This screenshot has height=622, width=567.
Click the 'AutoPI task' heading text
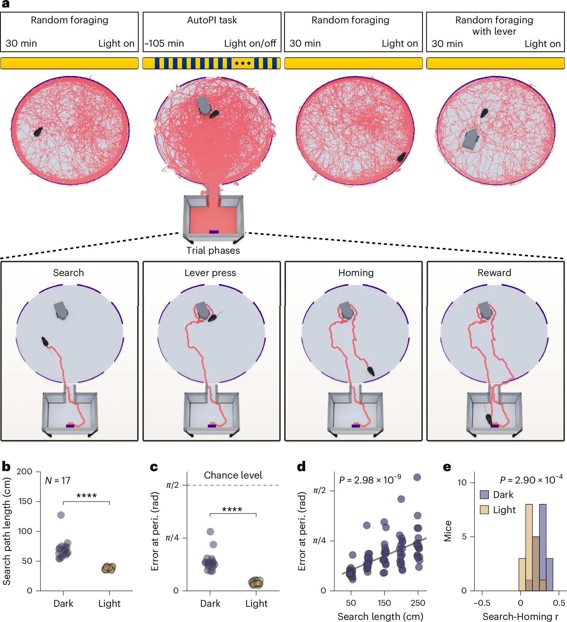coord(212,20)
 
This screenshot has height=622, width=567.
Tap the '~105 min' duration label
coord(164,43)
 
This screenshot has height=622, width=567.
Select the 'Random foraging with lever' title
coord(494,25)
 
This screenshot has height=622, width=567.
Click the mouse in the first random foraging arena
coord(38,131)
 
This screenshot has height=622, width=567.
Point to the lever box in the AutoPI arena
coord(204,105)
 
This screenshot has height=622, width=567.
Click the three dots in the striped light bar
coord(243,63)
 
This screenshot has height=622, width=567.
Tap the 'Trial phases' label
coord(213,251)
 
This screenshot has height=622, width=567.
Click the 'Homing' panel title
coord(356,273)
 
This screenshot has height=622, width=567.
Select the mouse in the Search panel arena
coord(45,342)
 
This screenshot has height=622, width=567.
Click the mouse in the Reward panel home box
coord(489,419)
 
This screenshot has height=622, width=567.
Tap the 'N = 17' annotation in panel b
coord(58,481)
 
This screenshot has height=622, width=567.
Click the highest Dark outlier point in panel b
coord(61,515)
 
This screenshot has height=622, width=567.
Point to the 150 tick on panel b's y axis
coord(25,501)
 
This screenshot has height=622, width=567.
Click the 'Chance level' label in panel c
coord(233,475)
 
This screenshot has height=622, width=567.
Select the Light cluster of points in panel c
coord(256,582)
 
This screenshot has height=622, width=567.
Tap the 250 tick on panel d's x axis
coord(417,603)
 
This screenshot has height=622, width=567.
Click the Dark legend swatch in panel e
coord(484,494)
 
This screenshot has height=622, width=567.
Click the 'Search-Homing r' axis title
coord(520,616)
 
